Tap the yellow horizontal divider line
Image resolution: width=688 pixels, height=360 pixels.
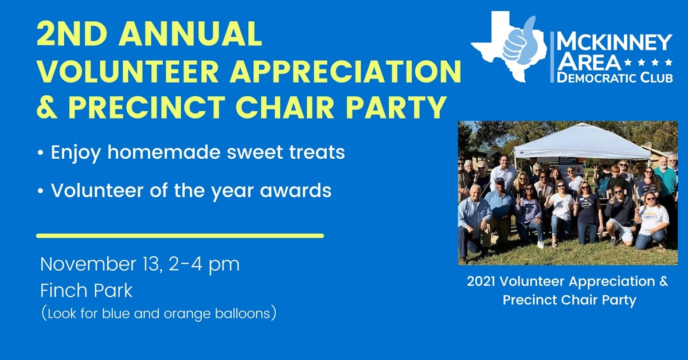[x=180, y=236]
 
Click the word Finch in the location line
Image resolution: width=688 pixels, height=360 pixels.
[x=61, y=291]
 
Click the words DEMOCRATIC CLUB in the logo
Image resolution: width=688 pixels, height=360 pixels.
[x=615, y=78]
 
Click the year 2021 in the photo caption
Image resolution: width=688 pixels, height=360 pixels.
[x=482, y=282]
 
